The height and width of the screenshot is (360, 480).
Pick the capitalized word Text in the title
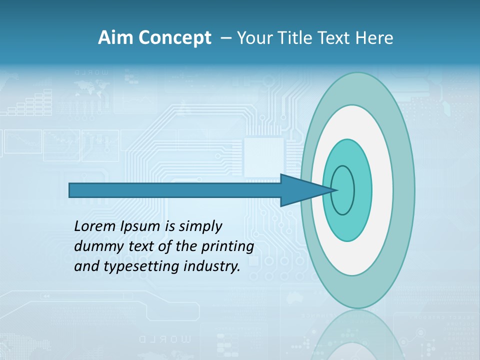[x=334, y=38]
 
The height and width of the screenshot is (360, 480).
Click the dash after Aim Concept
[x=225, y=38]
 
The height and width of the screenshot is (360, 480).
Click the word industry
[x=212, y=266]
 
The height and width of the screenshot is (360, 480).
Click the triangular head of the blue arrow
[x=300, y=190]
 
